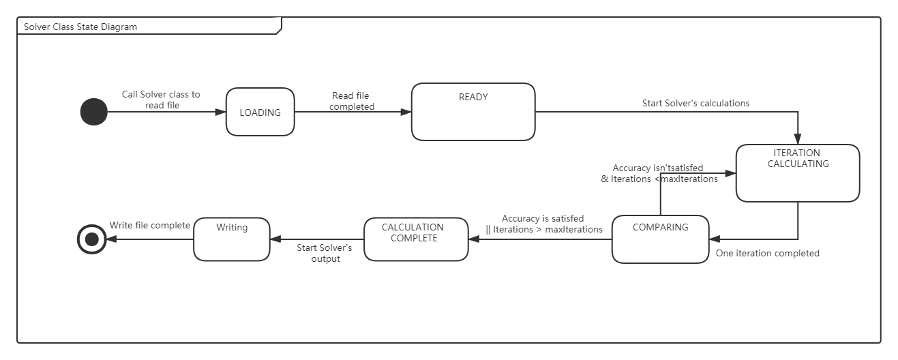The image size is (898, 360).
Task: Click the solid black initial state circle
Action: click(x=94, y=112)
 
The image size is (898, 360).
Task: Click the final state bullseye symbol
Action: click(x=92, y=239)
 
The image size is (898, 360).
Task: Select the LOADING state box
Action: click(x=260, y=112)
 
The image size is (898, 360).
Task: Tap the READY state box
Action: click(x=473, y=112)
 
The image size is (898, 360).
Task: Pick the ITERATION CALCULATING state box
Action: click(x=797, y=173)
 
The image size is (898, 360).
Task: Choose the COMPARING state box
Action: click(x=660, y=239)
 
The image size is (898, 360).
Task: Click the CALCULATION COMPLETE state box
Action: click(x=416, y=239)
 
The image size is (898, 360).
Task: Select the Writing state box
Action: click(x=232, y=239)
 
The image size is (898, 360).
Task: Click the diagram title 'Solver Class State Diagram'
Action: click(x=80, y=27)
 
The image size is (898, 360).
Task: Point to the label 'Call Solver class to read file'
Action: click(x=161, y=100)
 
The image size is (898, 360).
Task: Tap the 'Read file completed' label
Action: click(x=351, y=101)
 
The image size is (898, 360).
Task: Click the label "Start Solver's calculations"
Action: click(x=695, y=104)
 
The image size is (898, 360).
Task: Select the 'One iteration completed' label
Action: click(x=767, y=254)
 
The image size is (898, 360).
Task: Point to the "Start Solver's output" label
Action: click(x=325, y=253)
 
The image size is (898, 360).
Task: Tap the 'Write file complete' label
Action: click(x=150, y=226)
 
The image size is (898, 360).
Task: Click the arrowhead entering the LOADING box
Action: click(x=221, y=112)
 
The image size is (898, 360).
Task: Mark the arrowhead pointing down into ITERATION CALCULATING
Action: click(x=798, y=139)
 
